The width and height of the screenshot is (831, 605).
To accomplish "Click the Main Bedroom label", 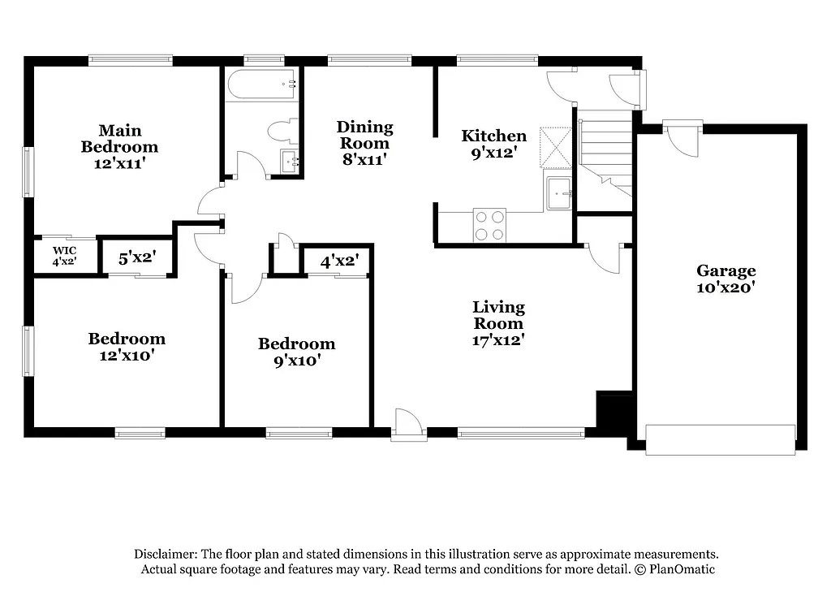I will [119, 139].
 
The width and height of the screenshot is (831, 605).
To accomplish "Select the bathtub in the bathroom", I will [261, 84].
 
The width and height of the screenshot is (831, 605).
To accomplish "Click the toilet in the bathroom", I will [281, 132].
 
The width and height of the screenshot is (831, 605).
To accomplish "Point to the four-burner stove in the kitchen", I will [489, 225].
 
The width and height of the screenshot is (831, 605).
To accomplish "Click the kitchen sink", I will [559, 193].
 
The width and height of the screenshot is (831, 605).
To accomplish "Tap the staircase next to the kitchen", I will [605, 154].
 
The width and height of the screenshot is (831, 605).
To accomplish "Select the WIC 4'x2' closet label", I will [65, 256].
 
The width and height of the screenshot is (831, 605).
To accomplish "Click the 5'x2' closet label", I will [137, 259].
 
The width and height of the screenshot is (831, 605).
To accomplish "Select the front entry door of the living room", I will [407, 426].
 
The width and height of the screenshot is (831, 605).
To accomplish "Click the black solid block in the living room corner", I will [614, 410].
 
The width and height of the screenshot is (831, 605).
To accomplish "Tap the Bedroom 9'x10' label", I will [296, 352].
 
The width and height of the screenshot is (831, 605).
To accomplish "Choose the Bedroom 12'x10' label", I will [127, 347].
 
